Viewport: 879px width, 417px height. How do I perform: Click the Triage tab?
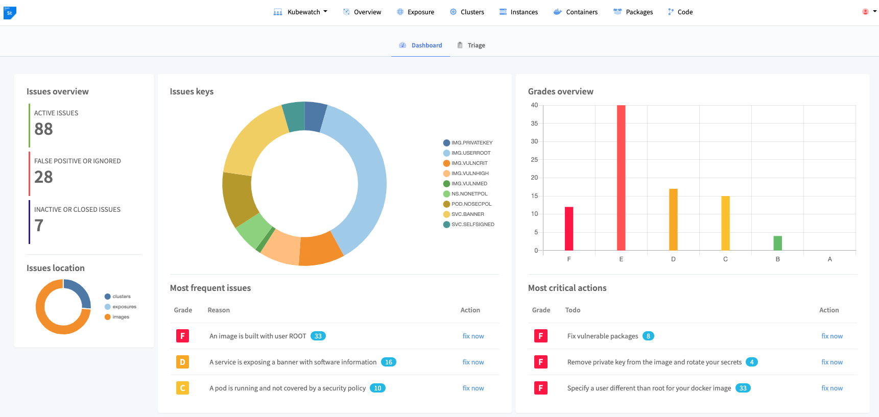click(471, 45)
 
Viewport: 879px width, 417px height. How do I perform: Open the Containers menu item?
click(576, 12)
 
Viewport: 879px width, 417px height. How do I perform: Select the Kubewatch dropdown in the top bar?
click(300, 12)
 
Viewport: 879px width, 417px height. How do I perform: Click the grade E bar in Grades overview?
click(621, 178)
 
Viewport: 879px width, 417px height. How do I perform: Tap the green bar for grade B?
click(777, 243)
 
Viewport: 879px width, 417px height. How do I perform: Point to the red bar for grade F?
click(569, 229)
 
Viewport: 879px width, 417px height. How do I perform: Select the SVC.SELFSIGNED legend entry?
click(469, 225)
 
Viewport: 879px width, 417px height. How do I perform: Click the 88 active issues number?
click(43, 129)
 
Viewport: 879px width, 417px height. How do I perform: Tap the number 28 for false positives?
click(43, 177)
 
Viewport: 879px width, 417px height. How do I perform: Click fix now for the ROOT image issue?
click(473, 336)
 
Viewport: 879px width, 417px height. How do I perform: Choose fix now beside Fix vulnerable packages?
click(832, 336)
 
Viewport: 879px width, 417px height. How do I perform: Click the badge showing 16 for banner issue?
click(389, 362)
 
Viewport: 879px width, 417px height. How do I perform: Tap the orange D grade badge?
click(182, 362)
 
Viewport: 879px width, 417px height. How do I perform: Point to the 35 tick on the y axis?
click(534, 124)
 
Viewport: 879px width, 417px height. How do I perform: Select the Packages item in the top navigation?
click(633, 12)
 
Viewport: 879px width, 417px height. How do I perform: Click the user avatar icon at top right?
click(865, 12)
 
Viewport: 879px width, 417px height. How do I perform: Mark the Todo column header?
click(573, 310)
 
